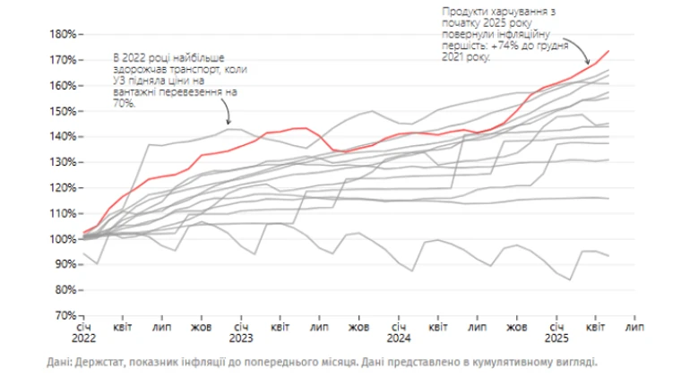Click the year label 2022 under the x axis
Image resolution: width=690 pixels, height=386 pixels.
(x=84, y=340)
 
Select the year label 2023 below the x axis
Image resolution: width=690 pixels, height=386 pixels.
(x=241, y=340)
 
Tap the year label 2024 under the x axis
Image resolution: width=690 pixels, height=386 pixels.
(x=399, y=340)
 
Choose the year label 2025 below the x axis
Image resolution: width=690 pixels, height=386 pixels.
(x=556, y=340)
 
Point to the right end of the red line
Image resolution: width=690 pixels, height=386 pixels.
(x=609, y=51)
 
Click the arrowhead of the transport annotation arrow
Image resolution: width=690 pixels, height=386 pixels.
(x=229, y=124)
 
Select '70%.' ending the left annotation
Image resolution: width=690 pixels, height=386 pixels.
(x=125, y=103)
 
